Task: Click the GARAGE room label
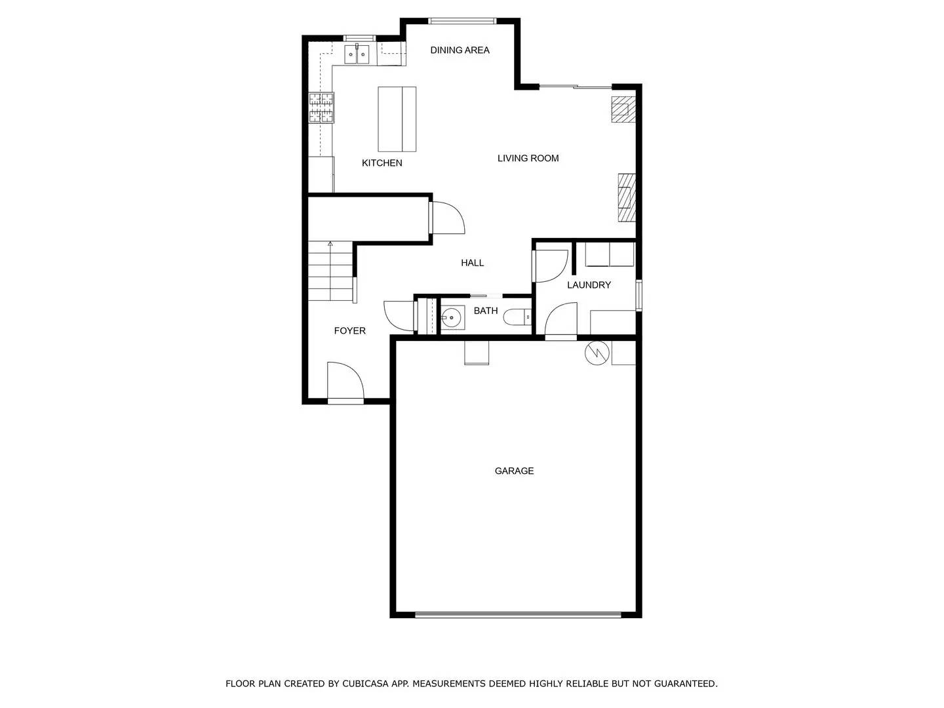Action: tap(514, 471)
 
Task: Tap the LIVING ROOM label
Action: tap(528, 158)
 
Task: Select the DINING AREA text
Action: tap(460, 50)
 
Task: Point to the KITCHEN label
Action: tap(382, 163)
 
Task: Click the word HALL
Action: tap(472, 263)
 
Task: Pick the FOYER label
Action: tap(349, 331)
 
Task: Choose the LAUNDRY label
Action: tap(589, 285)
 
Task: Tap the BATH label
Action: tap(486, 311)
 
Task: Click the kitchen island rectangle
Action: tap(397, 119)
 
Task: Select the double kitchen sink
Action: tap(357, 54)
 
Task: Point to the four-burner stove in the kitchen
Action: tap(321, 108)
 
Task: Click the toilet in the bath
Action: tap(517, 318)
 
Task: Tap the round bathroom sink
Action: tap(452, 318)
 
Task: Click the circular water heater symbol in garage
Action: tap(597, 353)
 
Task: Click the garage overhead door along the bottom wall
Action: tap(518, 615)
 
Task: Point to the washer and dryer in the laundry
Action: tap(610, 254)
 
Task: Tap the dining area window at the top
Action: tap(462, 21)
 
